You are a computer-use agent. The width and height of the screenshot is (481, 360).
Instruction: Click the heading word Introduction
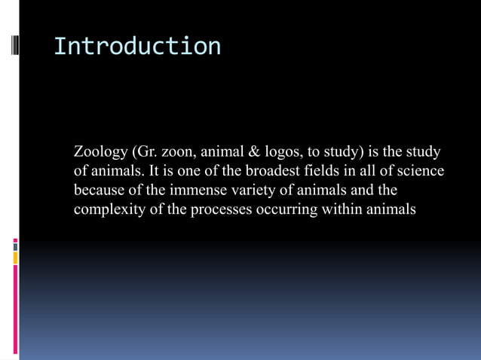pos(137,46)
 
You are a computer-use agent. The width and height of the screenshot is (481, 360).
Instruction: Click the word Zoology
pos(100,152)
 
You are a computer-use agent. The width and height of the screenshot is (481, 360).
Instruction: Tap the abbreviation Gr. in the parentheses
pos(144,152)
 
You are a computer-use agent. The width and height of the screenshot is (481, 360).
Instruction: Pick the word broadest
pos(278,171)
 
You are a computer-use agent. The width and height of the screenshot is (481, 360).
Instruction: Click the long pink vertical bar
pos(15,309)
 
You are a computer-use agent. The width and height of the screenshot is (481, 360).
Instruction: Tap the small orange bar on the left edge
pos(15,258)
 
